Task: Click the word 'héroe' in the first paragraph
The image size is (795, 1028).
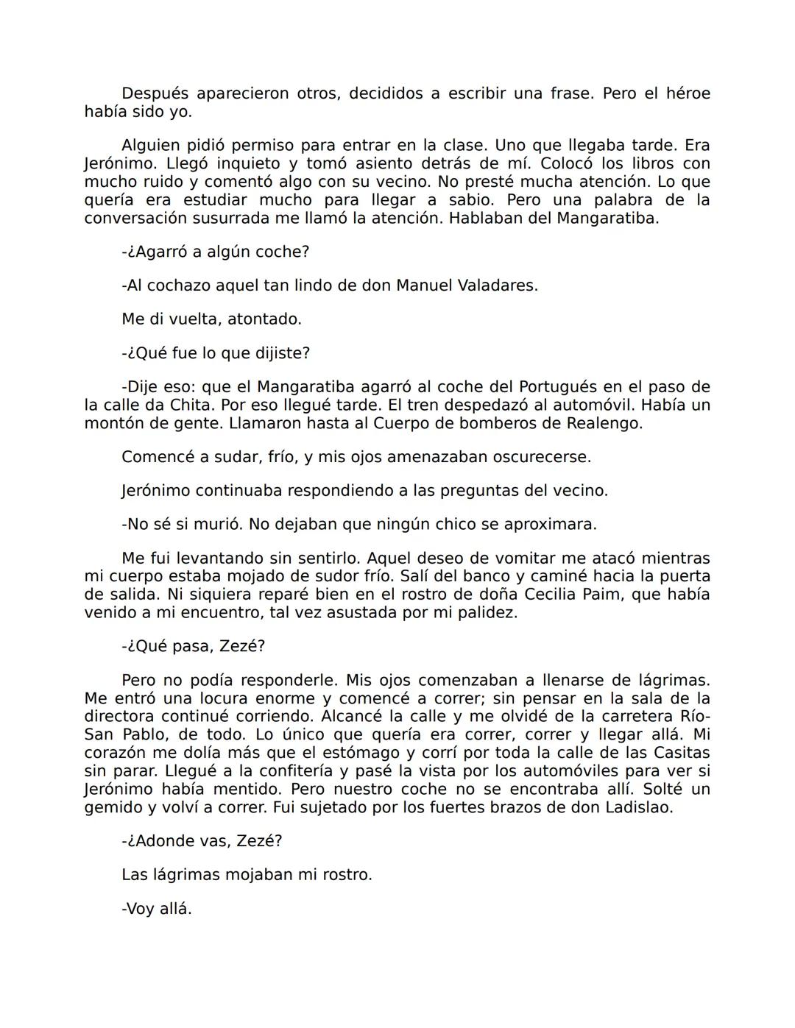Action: (x=688, y=94)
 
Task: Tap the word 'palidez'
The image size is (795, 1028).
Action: (x=487, y=612)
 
